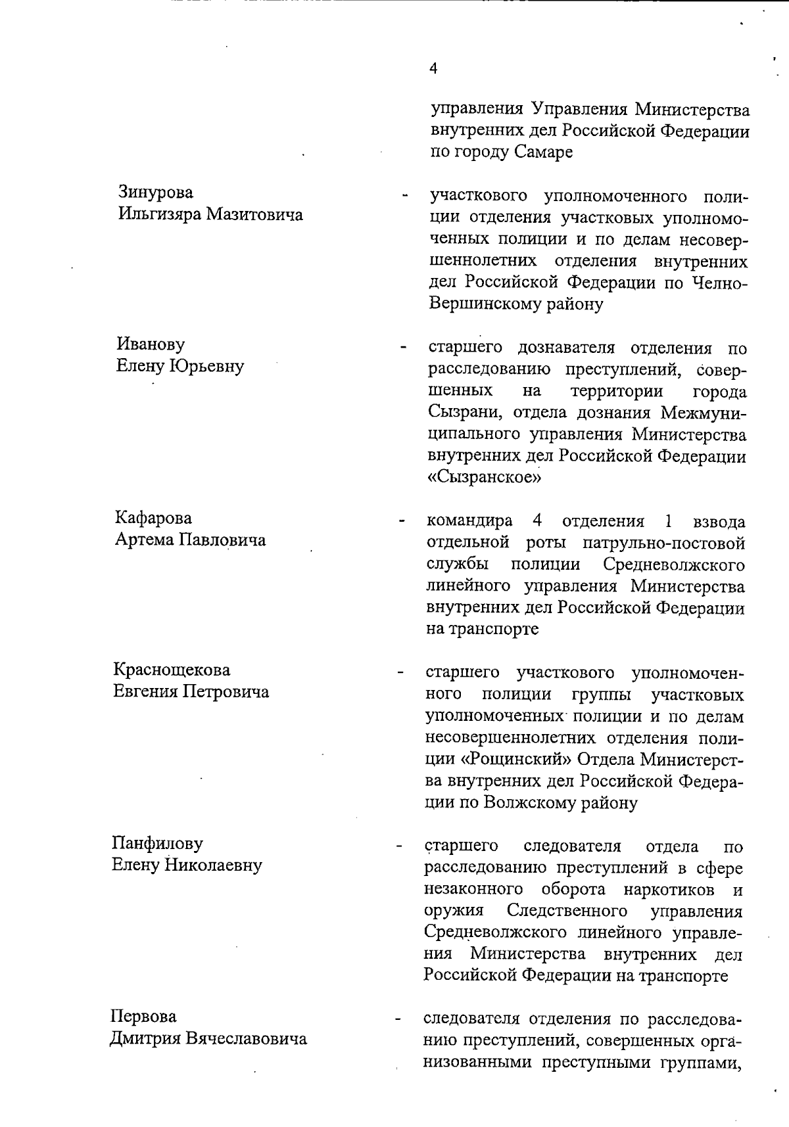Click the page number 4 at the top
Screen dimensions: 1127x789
click(433, 68)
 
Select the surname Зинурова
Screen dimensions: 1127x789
click(156, 192)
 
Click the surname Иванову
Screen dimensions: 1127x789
click(151, 344)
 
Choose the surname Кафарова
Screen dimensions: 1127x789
click(153, 518)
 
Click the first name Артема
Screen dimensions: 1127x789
click(143, 540)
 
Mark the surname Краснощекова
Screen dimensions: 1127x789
click(172, 670)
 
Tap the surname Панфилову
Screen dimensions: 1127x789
click(157, 842)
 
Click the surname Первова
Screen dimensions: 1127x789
click(143, 1017)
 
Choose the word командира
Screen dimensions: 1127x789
click(470, 522)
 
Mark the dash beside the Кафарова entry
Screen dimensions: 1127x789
click(400, 523)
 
